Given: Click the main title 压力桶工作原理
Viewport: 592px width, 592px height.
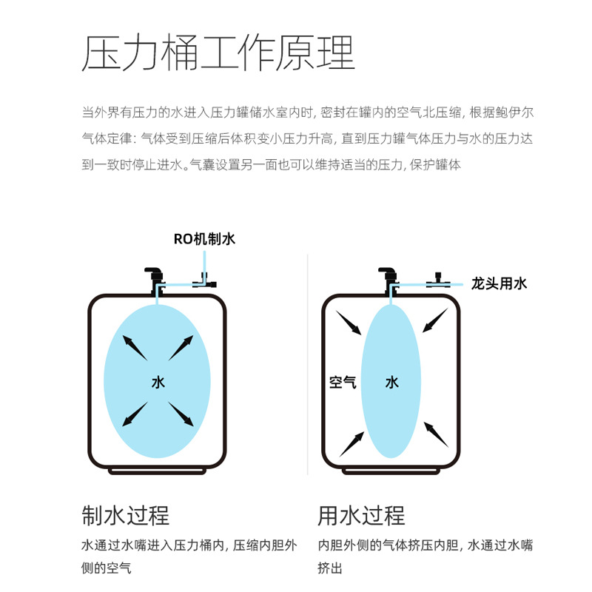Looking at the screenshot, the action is tap(218, 53).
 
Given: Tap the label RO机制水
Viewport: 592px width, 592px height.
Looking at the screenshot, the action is tap(204, 239).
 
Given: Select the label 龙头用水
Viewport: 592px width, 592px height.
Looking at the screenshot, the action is tap(499, 283).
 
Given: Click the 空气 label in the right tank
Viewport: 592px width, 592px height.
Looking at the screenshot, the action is tap(343, 382).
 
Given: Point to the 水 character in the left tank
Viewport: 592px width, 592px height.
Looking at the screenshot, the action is tap(158, 382).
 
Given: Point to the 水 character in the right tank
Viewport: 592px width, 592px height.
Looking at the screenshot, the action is tap(392, 382).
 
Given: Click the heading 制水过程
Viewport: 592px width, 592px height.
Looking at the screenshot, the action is tap(125, 515).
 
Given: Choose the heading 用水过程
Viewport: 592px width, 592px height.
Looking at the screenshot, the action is tap(361, 515).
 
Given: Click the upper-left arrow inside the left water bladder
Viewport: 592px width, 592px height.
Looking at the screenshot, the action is tap(135, 348).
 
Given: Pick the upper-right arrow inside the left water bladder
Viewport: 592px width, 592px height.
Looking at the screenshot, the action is tap(181, 348).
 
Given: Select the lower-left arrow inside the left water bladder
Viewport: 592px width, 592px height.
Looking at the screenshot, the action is tap(135, 414).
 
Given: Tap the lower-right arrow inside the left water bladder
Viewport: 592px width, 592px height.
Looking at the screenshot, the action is tap(181, 414).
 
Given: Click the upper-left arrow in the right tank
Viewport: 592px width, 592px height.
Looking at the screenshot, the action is tap(349, 323).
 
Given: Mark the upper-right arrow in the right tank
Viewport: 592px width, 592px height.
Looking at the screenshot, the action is tap(435, 320).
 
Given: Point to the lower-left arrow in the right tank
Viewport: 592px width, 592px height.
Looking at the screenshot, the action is tap(352, 445).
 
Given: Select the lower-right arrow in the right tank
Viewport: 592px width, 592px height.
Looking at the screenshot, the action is tap(436, 434).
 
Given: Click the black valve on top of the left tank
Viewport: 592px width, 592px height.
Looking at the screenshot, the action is tap(155, 277).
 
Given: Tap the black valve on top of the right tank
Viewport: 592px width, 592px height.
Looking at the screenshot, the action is tap(388, 277).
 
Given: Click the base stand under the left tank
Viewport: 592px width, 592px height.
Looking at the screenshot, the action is tap(157, 471).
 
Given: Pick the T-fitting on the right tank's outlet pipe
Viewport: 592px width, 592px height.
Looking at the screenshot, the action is tap(438, 281).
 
